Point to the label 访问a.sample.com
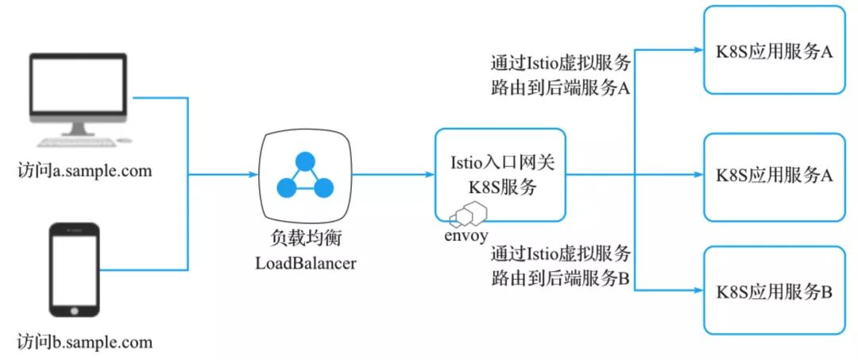[x=84, y=170]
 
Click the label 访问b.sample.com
[x=84, y=343]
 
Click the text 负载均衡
[x=305, y=239]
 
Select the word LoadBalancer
[x=305, y=262]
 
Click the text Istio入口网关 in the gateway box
[x=500, y=163]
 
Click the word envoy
[x=466, y=235]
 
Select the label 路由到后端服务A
[x=561, y=88]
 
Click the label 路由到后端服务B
[x=561, y=278]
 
